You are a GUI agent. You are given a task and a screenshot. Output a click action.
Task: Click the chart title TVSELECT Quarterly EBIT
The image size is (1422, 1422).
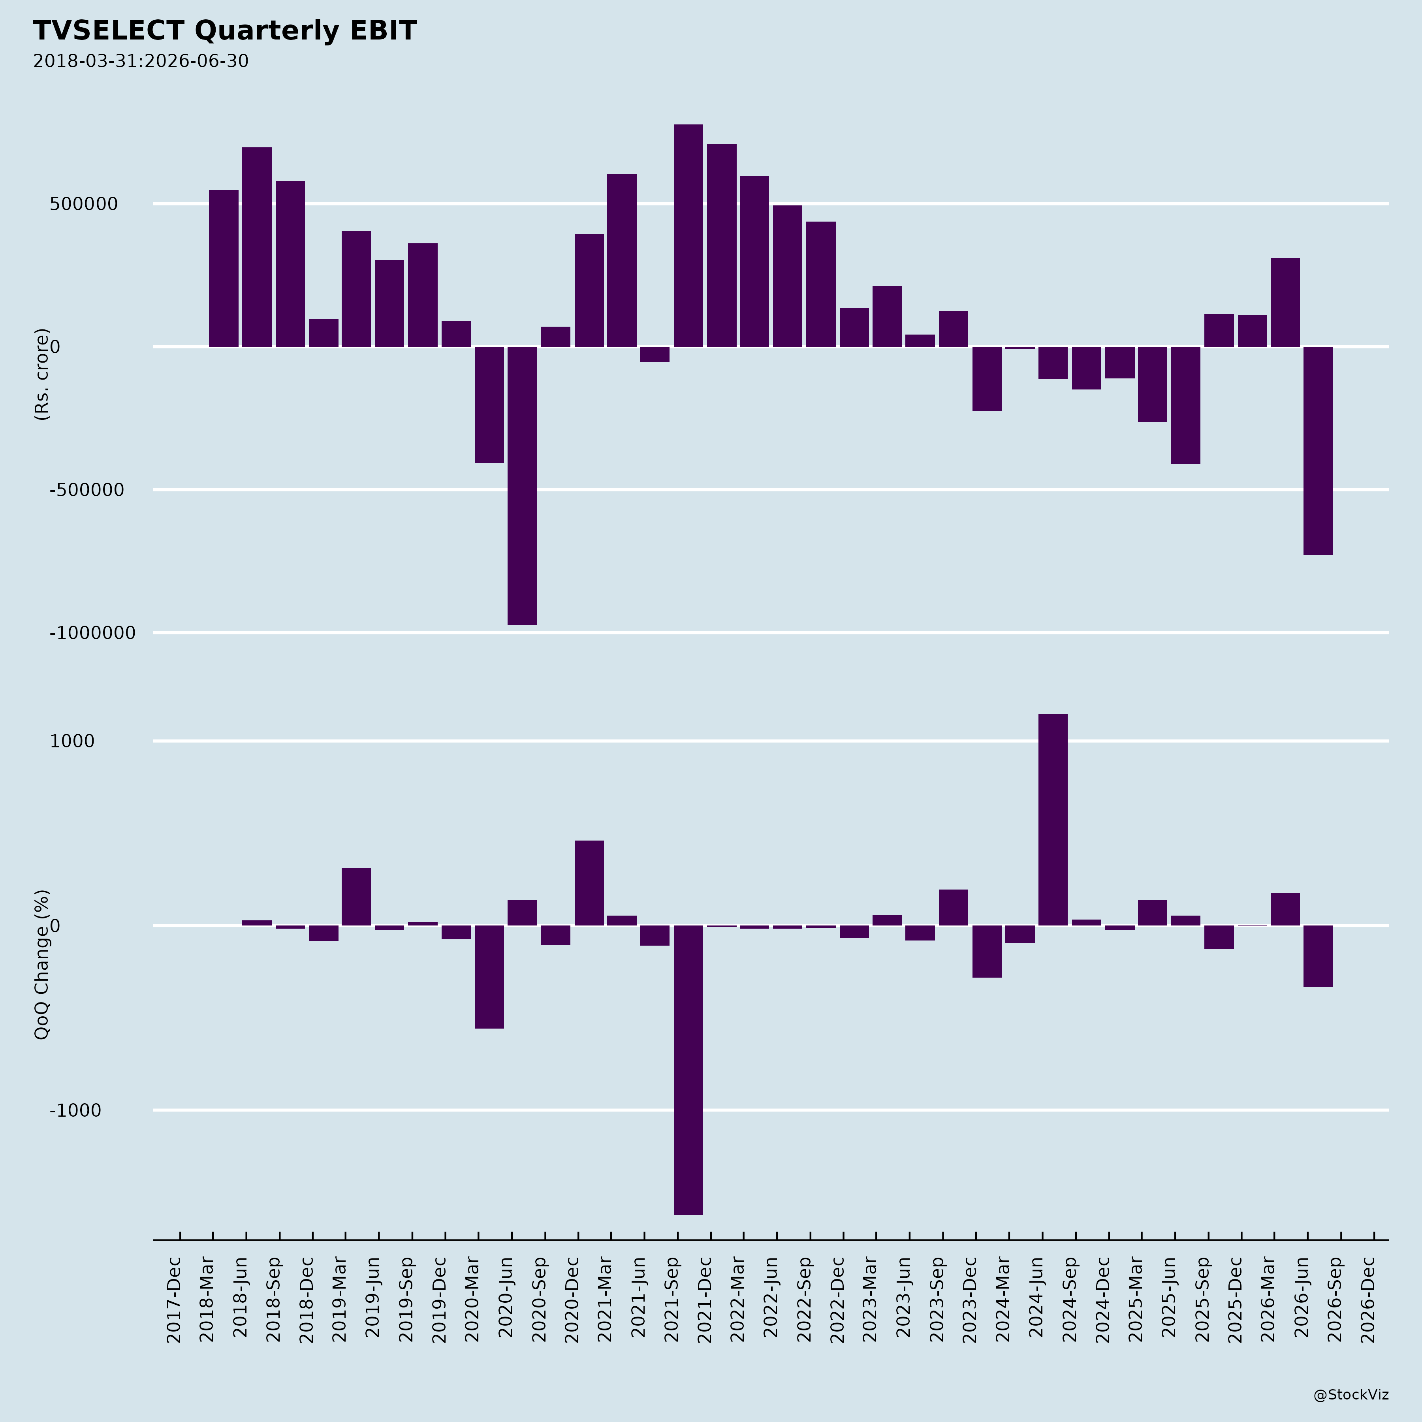pos(224,31)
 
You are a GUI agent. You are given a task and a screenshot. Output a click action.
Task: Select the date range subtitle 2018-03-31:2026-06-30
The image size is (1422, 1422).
pos(141,61)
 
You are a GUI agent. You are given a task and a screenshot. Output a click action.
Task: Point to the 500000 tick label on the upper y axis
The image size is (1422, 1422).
pos(84,204)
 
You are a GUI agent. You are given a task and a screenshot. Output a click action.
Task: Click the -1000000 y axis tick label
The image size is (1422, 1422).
pos(93,633)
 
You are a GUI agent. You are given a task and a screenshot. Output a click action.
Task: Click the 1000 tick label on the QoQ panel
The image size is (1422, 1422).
pos(72,741)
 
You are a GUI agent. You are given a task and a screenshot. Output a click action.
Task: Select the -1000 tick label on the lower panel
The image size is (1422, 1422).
pos(75,1111)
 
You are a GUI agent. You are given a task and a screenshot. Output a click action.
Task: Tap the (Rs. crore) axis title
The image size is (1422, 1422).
pos(42,374)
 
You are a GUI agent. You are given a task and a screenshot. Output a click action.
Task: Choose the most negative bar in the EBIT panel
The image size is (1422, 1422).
pos(523,486)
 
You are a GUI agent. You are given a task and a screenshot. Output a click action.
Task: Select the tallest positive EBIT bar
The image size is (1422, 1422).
pos(688,235)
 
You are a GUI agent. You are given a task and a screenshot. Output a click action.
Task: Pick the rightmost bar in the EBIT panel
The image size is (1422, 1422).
pos(1318,450)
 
